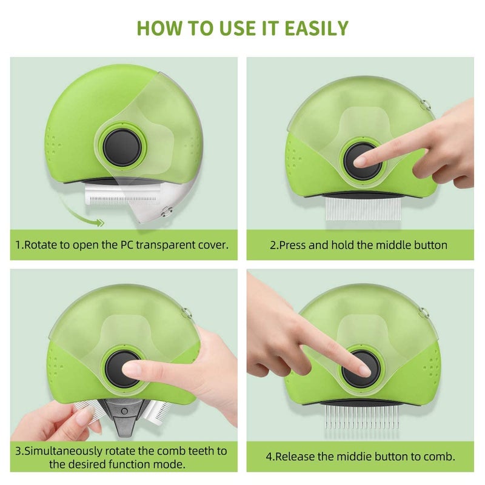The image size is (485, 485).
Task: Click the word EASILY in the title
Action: pos(316,28)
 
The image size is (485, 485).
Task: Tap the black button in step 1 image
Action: pos(122,147)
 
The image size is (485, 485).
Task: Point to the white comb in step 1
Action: pos(122,195)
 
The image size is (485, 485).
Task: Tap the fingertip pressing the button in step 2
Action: pos(361,161)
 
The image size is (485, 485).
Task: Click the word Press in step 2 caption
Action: pos(293,245)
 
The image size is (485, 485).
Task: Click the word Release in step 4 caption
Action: pos(295,457)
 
